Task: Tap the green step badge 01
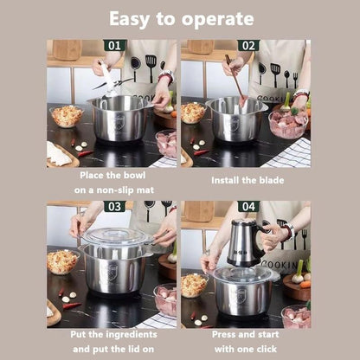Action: click(x=114, y=45)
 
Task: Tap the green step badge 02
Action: click(x=247, y=45)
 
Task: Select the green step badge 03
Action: click(x=114, y=207)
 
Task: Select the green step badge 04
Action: click(x=247, y=207)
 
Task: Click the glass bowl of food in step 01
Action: click(x=67, y=115)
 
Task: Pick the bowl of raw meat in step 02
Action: click(x=288, y=123)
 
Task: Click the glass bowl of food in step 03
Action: click(x=62, y=261)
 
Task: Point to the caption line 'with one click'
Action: click(x=247, y=350)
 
